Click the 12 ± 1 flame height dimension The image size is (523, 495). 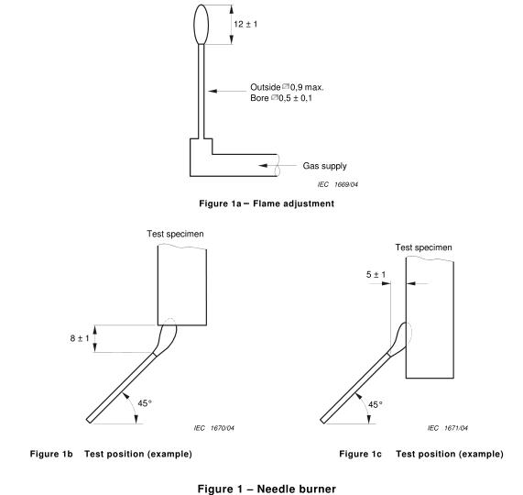pos(245,25)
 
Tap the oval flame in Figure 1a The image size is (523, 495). pos(202,25)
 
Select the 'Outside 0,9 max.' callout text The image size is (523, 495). pos(287,87)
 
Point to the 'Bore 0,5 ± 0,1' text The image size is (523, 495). pos(281,98)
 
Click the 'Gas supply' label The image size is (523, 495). pos(324,166)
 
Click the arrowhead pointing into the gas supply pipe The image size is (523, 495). pos(263,166)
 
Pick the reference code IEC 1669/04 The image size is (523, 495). pos(338,184)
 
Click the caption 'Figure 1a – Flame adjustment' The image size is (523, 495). pos(267,203)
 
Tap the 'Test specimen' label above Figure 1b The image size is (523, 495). pos(176,234)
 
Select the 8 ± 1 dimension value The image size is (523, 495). pos(80,338)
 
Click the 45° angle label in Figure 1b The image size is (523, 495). pos(145,403)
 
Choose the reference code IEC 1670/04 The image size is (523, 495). pos(213,428)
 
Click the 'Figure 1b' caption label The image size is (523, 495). pos(51,454)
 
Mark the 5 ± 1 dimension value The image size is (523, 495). pos(376,275)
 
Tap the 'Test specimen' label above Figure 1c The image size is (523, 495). pos(423,247)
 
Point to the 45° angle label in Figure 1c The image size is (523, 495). pos(376,404)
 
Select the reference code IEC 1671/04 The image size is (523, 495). pos(448,428)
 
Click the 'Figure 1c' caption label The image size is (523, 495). pos(360,454)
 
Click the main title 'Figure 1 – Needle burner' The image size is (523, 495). pos(267,489)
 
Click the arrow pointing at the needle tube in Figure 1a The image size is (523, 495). pos(227,91)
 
